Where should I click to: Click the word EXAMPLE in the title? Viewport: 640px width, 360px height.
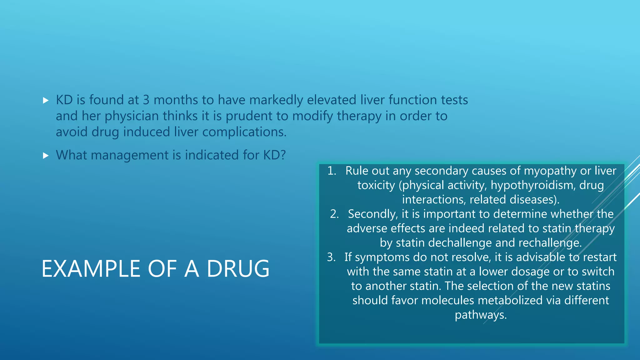[91, 269]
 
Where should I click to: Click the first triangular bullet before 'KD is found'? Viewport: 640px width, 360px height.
[46, 100]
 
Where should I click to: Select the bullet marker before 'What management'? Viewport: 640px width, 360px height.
[46, 155]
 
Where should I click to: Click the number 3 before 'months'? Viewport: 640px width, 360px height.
[146, 100]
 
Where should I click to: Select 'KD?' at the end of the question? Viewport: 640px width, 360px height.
[274, 155]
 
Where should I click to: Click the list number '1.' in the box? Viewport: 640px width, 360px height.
[332, 171]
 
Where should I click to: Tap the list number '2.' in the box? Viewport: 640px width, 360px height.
[334, 214]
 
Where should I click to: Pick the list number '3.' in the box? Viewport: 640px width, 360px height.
[331, 257]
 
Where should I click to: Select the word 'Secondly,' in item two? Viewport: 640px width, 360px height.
[373, 214]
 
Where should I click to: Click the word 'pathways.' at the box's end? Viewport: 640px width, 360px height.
[480, 315]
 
